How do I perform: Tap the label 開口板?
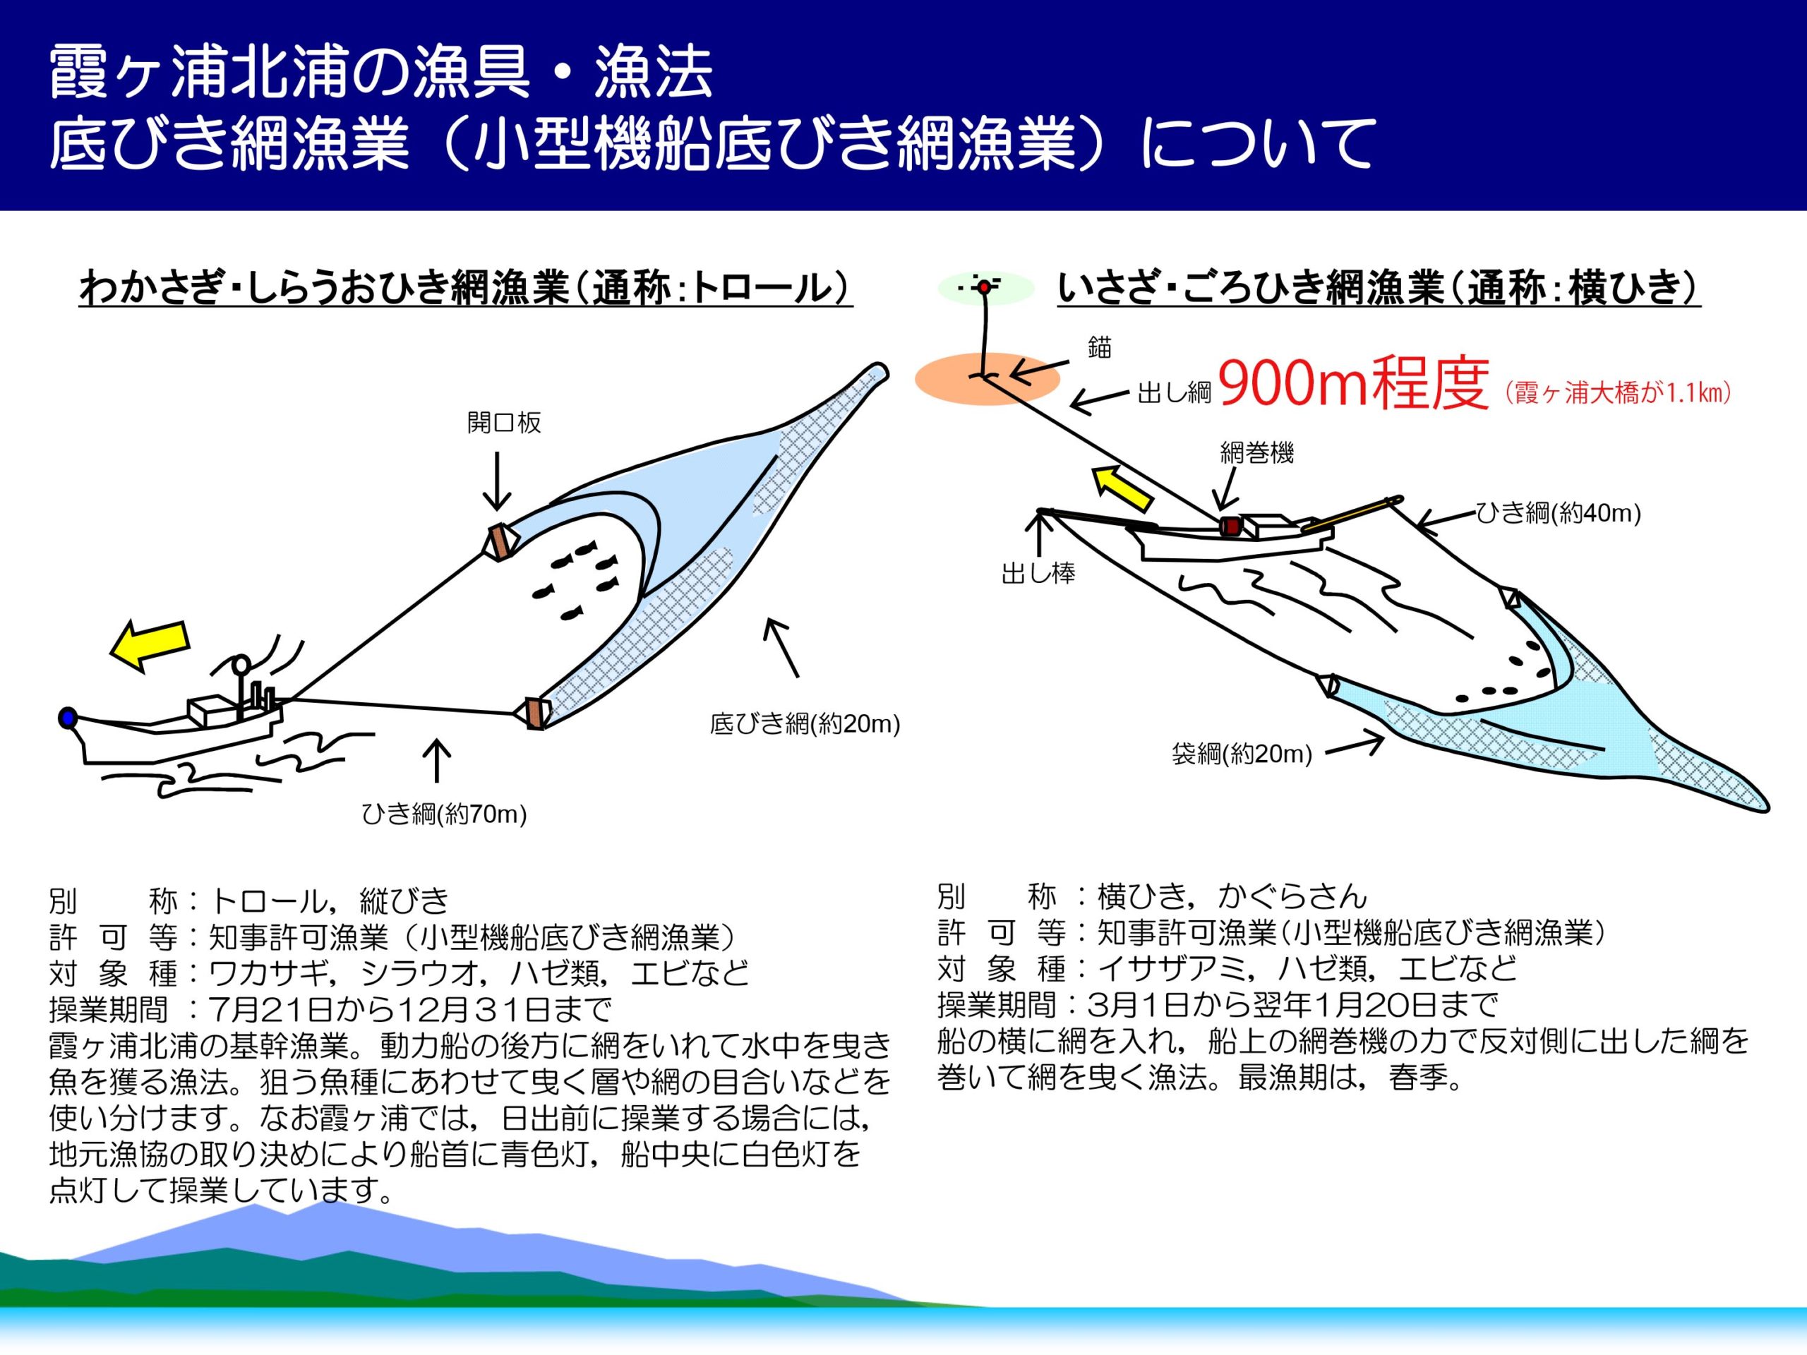click(x=504, y=422)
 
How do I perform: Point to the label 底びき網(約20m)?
click(x=805, y=723)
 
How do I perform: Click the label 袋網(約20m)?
click(x=1242, y=753)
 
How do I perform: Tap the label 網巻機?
click(x=1257, y=452)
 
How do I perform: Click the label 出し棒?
click(x=1038, y=573)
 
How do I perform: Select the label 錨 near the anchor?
click(x=1100, y=347)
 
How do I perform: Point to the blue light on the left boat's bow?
click(x=67, y=718)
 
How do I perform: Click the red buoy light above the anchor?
click(x=985, y=287)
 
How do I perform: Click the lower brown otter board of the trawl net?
click(x=534, y=712)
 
